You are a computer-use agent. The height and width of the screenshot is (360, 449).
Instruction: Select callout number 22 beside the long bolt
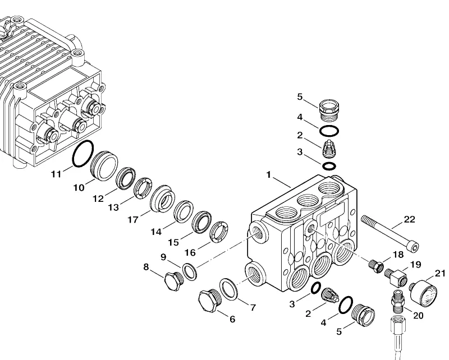point(409,219)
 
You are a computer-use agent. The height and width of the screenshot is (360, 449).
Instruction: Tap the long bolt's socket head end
point(414,247)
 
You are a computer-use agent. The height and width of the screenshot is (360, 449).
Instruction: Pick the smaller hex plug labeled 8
point(173,281)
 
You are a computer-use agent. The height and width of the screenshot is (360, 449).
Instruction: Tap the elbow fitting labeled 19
point(396,276)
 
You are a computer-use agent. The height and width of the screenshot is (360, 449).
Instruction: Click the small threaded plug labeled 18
point(376,266)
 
